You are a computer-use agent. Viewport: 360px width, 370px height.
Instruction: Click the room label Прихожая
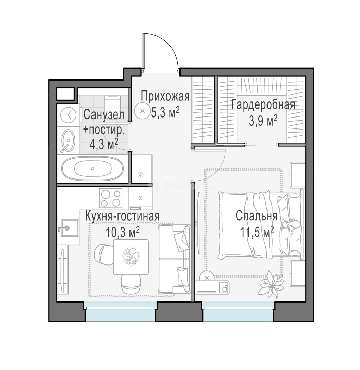pos(165,97)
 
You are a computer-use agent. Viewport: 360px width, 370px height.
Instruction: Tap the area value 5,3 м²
pos(165,113)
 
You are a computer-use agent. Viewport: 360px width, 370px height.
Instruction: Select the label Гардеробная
pos(263,104)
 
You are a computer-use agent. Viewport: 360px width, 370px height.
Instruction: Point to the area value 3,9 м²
pos(263,121)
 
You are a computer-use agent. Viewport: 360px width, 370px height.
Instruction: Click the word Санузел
pos(104,115)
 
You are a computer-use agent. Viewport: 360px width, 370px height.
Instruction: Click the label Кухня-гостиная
pos(122,216)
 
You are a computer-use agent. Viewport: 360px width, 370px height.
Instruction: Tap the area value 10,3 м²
pos(122,232)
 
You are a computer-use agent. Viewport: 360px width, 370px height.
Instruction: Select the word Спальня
pos(257,216)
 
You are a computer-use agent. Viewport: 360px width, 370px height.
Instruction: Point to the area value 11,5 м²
pos(257,232)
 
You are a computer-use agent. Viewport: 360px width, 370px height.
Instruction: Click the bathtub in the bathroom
pos(92,169)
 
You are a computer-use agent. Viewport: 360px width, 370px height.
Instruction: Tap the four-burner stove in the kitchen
pos(111,198)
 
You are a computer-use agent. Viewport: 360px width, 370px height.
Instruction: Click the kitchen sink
pos(70,228)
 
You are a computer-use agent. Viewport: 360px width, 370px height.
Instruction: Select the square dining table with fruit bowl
pos(131,257)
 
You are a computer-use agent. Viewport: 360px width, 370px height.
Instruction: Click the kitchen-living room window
pos(120,312)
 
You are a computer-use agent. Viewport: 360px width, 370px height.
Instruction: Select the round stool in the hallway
pos(142,111)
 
